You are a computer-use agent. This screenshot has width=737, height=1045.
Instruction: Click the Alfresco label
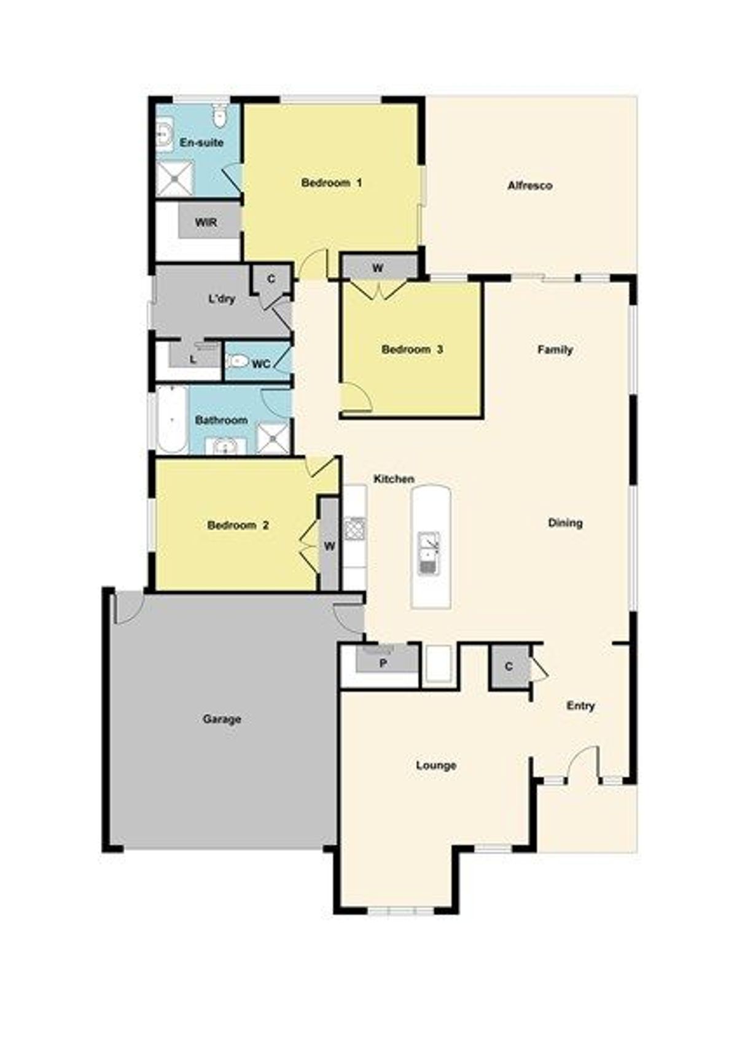pos(530,185)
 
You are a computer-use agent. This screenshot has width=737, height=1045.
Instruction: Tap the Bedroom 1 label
pos(332,182)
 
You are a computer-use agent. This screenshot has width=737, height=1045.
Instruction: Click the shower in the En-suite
pos(174,177)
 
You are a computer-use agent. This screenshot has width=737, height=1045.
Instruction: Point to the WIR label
pos(206,222)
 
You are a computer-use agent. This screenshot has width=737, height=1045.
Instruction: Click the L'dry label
pos(221,298)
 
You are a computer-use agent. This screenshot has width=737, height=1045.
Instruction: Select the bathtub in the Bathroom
pos(172,419)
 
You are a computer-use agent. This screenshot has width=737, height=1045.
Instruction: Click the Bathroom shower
pos(273,438)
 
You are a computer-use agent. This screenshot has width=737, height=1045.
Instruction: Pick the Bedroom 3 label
pos(412,349)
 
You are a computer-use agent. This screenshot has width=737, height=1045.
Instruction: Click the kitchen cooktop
pos(355,529)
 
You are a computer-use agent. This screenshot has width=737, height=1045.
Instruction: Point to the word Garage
pos(222,719)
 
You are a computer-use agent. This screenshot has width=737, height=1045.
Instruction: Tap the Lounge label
pos(436,765)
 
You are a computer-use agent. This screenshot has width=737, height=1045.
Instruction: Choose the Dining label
pos(565,522)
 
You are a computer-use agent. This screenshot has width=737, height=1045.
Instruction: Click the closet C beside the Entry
pos(509,666)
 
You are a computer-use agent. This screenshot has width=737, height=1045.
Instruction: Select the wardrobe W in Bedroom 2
pos(329,545)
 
